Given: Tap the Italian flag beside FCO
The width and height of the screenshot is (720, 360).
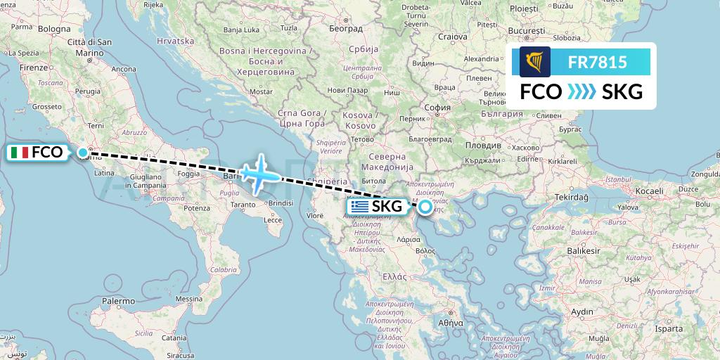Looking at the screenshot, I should [x=20, y=152].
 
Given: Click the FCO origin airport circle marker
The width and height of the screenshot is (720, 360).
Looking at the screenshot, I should [x=83, y=153].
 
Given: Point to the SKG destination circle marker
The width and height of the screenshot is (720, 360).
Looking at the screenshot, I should [x=425, y=207].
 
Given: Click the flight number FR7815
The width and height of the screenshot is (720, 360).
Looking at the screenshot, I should [x=597, y=63].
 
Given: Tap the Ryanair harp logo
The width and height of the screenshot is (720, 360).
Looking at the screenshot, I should [x=535, y=62].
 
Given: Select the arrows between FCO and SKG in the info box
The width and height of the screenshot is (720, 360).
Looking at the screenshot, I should [x=581, y=92].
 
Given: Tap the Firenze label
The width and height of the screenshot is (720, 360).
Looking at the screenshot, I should [x=33, y=67].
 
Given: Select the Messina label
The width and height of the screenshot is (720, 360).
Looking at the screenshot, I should [x=188, y=299].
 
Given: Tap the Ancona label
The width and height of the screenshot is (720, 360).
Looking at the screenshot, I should [x=124, y=69].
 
